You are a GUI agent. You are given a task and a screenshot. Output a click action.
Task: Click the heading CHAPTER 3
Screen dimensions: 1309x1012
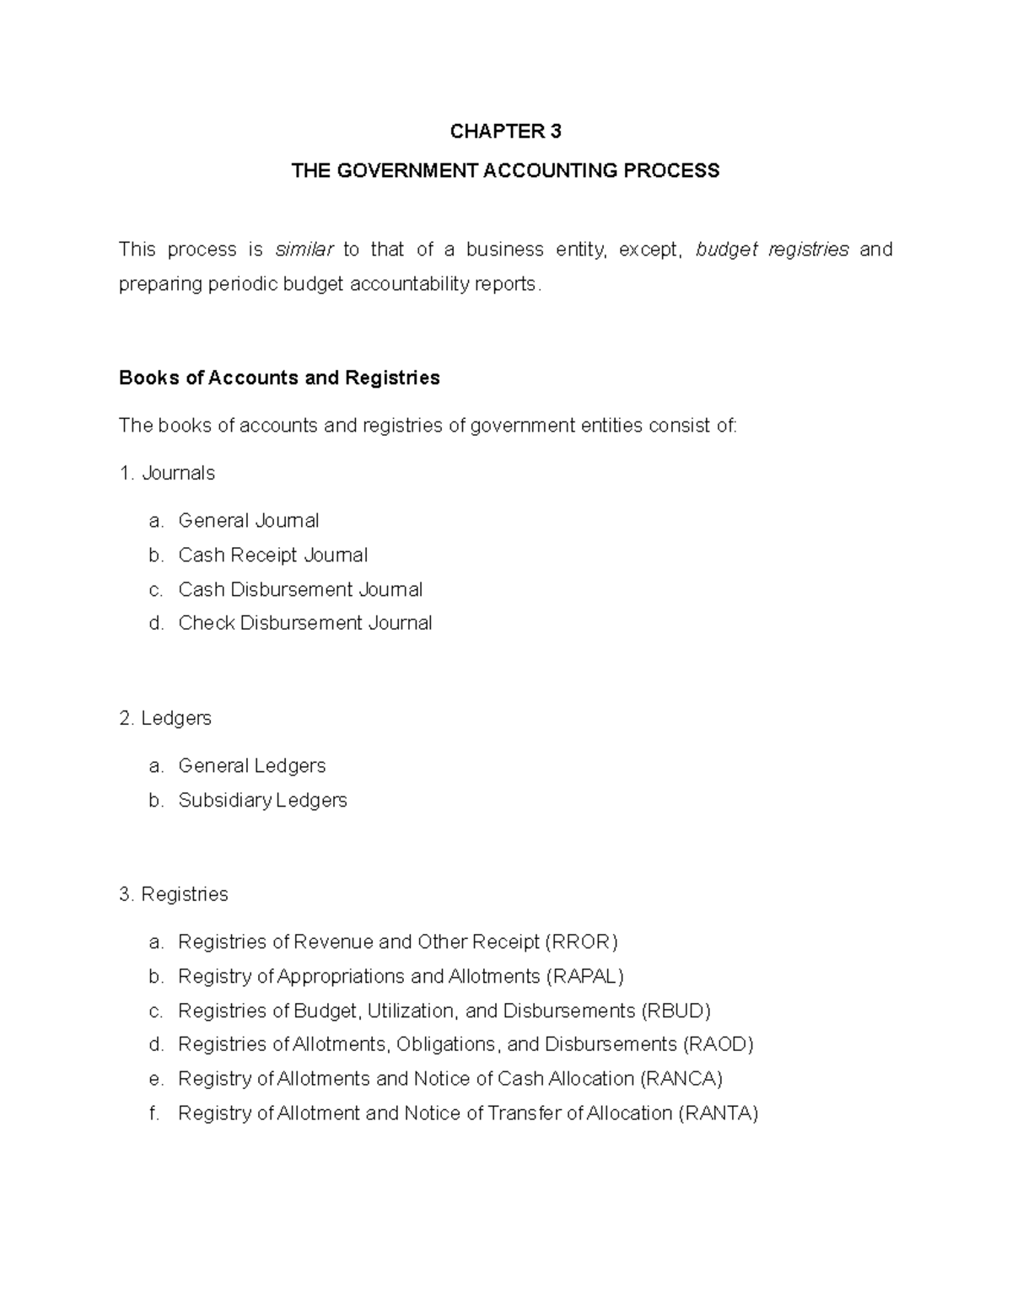(505, 131)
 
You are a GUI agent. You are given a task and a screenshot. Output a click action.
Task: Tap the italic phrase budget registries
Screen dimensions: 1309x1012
(772, 249)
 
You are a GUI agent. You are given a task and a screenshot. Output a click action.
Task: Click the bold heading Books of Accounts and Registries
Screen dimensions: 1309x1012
(279, 378)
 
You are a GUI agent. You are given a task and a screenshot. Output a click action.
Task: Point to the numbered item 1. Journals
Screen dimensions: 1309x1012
(167, 474)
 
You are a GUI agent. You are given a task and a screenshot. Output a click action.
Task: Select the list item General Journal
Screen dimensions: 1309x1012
(248, 521)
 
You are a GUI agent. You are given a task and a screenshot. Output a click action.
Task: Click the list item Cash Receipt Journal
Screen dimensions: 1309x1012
(272, 555)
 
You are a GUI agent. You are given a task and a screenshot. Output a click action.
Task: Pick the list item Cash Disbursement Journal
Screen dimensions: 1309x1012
(300, 590)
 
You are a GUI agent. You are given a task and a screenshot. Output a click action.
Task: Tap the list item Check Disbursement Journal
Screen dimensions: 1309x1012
(304, 624)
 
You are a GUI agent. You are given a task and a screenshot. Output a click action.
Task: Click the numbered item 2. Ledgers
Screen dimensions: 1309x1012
(165, 718)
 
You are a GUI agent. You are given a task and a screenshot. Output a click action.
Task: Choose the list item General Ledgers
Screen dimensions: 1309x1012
(251, 766)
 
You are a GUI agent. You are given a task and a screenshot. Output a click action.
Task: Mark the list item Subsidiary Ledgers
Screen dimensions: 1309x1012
(262, 800)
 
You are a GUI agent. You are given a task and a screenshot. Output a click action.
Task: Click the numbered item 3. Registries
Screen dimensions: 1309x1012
(174, 894)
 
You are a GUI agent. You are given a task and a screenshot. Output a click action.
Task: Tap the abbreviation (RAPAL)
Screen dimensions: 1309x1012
(585, 977)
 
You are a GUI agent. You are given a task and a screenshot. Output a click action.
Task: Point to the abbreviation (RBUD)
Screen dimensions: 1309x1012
(676, 1011)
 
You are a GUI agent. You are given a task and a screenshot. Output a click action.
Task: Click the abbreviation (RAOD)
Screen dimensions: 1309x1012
(718, 1045)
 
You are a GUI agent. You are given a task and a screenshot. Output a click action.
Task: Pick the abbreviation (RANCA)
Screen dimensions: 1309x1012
(681, 1079)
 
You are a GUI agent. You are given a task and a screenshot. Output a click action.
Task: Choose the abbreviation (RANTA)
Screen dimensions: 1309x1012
(719, 1113)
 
